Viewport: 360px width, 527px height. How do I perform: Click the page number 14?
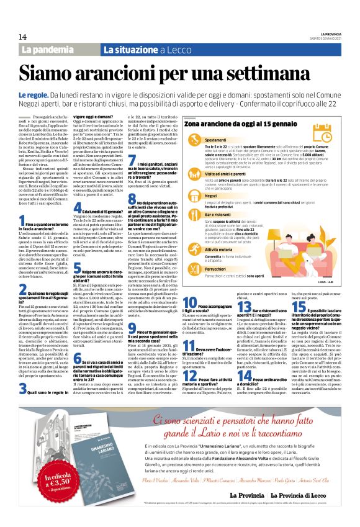(23, 37)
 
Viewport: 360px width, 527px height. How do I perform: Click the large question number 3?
(23, 389)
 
